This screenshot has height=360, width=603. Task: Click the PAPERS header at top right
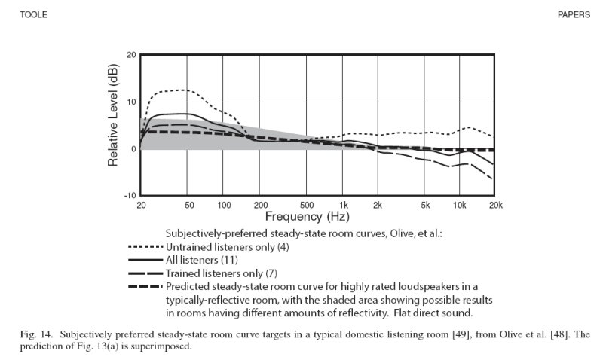(574, 14)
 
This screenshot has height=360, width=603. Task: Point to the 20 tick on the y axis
(131, 55)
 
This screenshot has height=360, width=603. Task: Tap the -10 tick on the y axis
(130, 196)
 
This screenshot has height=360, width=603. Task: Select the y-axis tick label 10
(131, 102)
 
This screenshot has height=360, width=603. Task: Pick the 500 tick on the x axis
(306, 205)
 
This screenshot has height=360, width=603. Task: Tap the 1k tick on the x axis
(344, 205)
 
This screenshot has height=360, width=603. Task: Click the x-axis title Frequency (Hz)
(307, 217)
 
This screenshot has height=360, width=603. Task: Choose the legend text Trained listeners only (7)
(224, 273)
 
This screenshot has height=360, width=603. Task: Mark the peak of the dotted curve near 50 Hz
(185, 90)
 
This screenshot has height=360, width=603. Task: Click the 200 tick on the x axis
(261, 205)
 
